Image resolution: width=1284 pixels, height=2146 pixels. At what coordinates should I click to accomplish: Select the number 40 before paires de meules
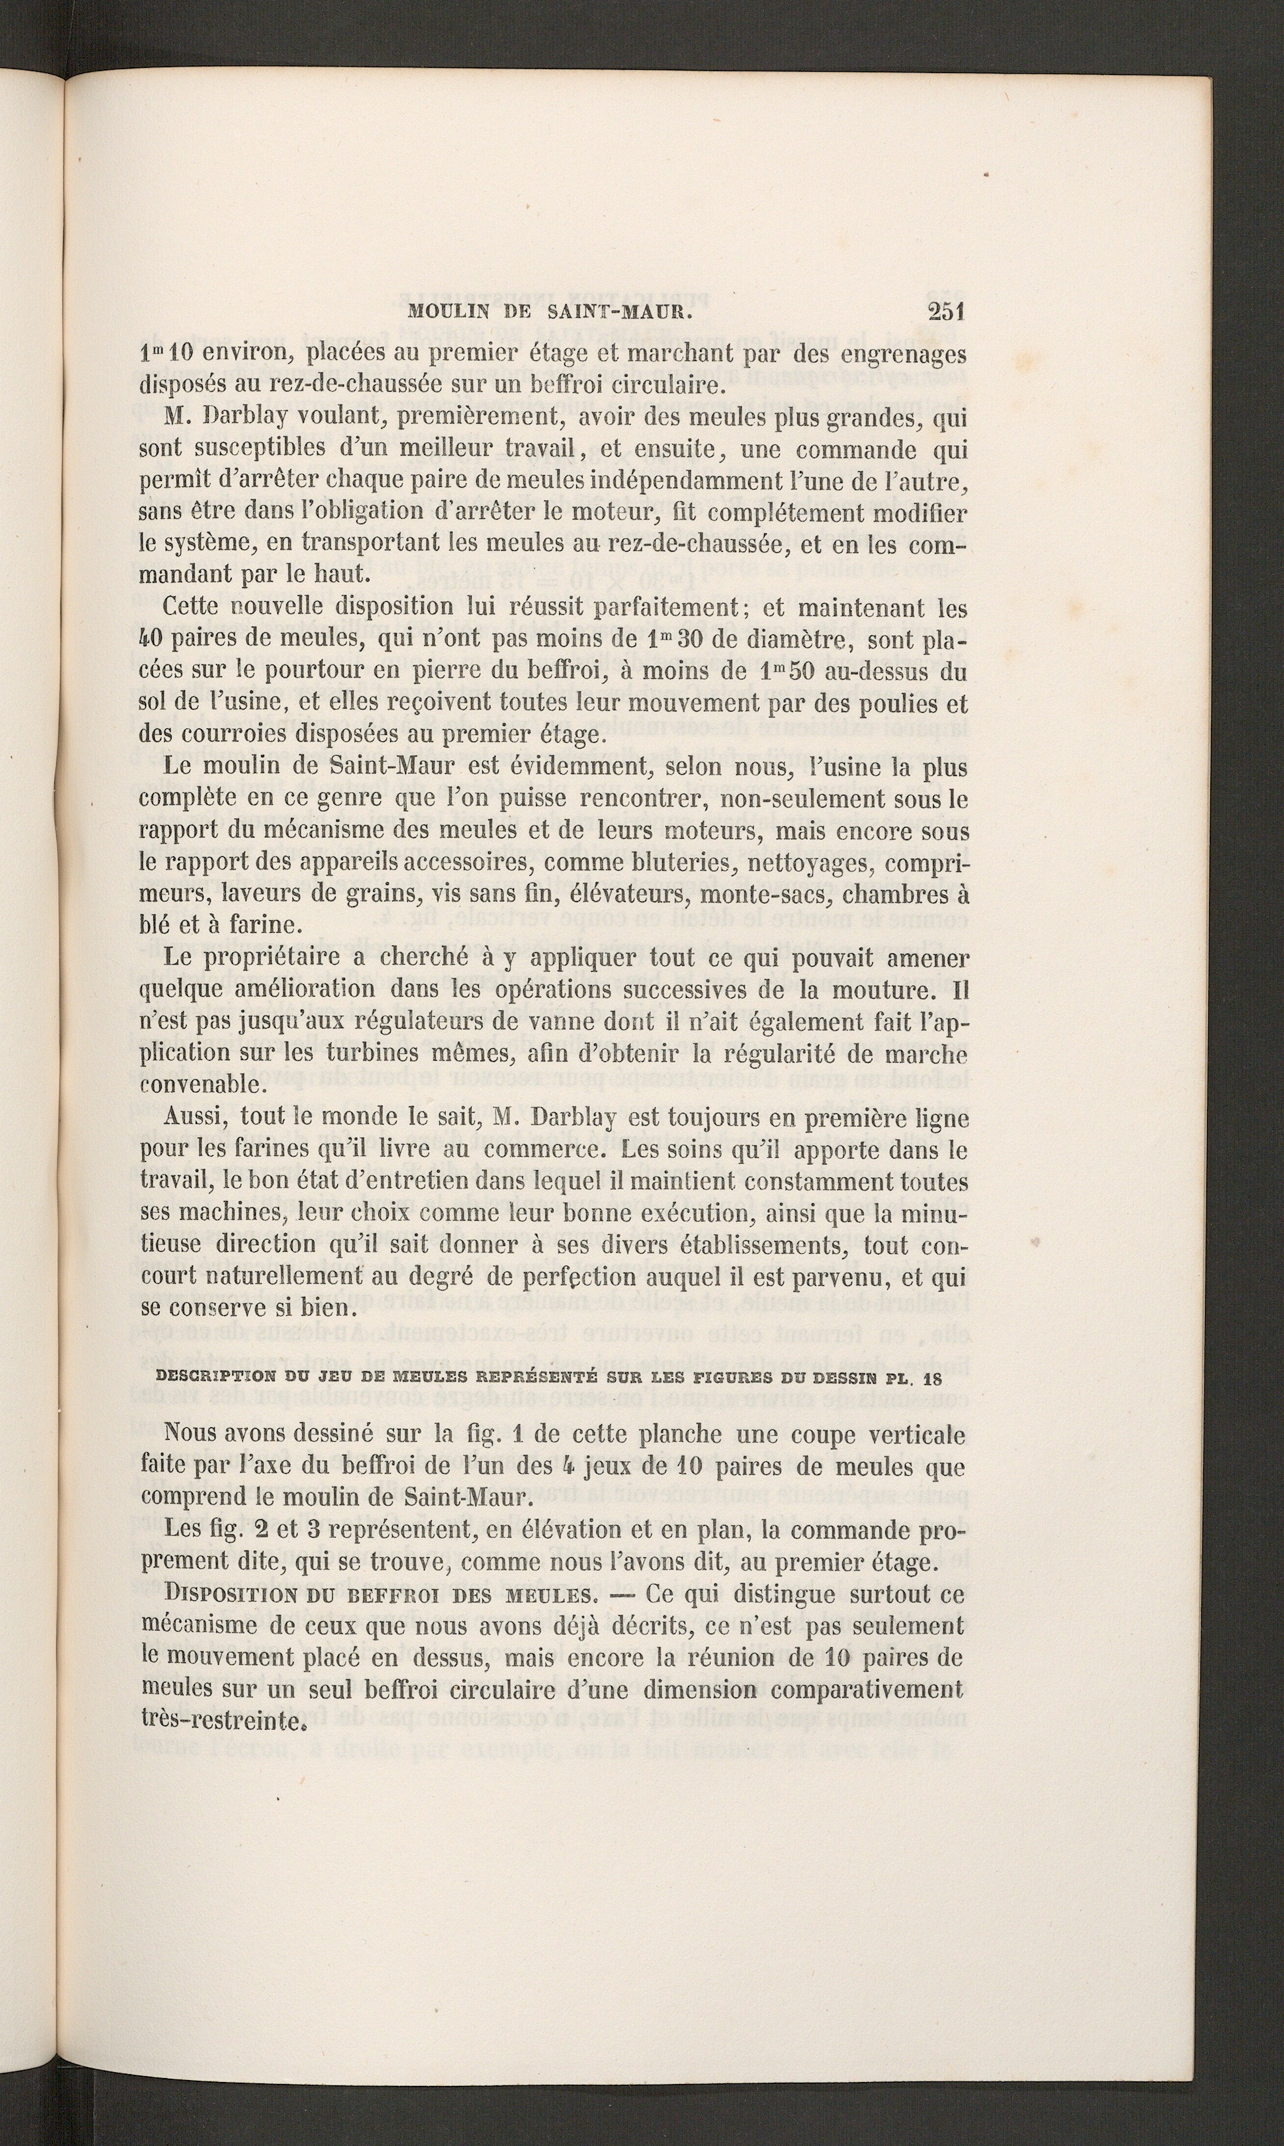[152, 640]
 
